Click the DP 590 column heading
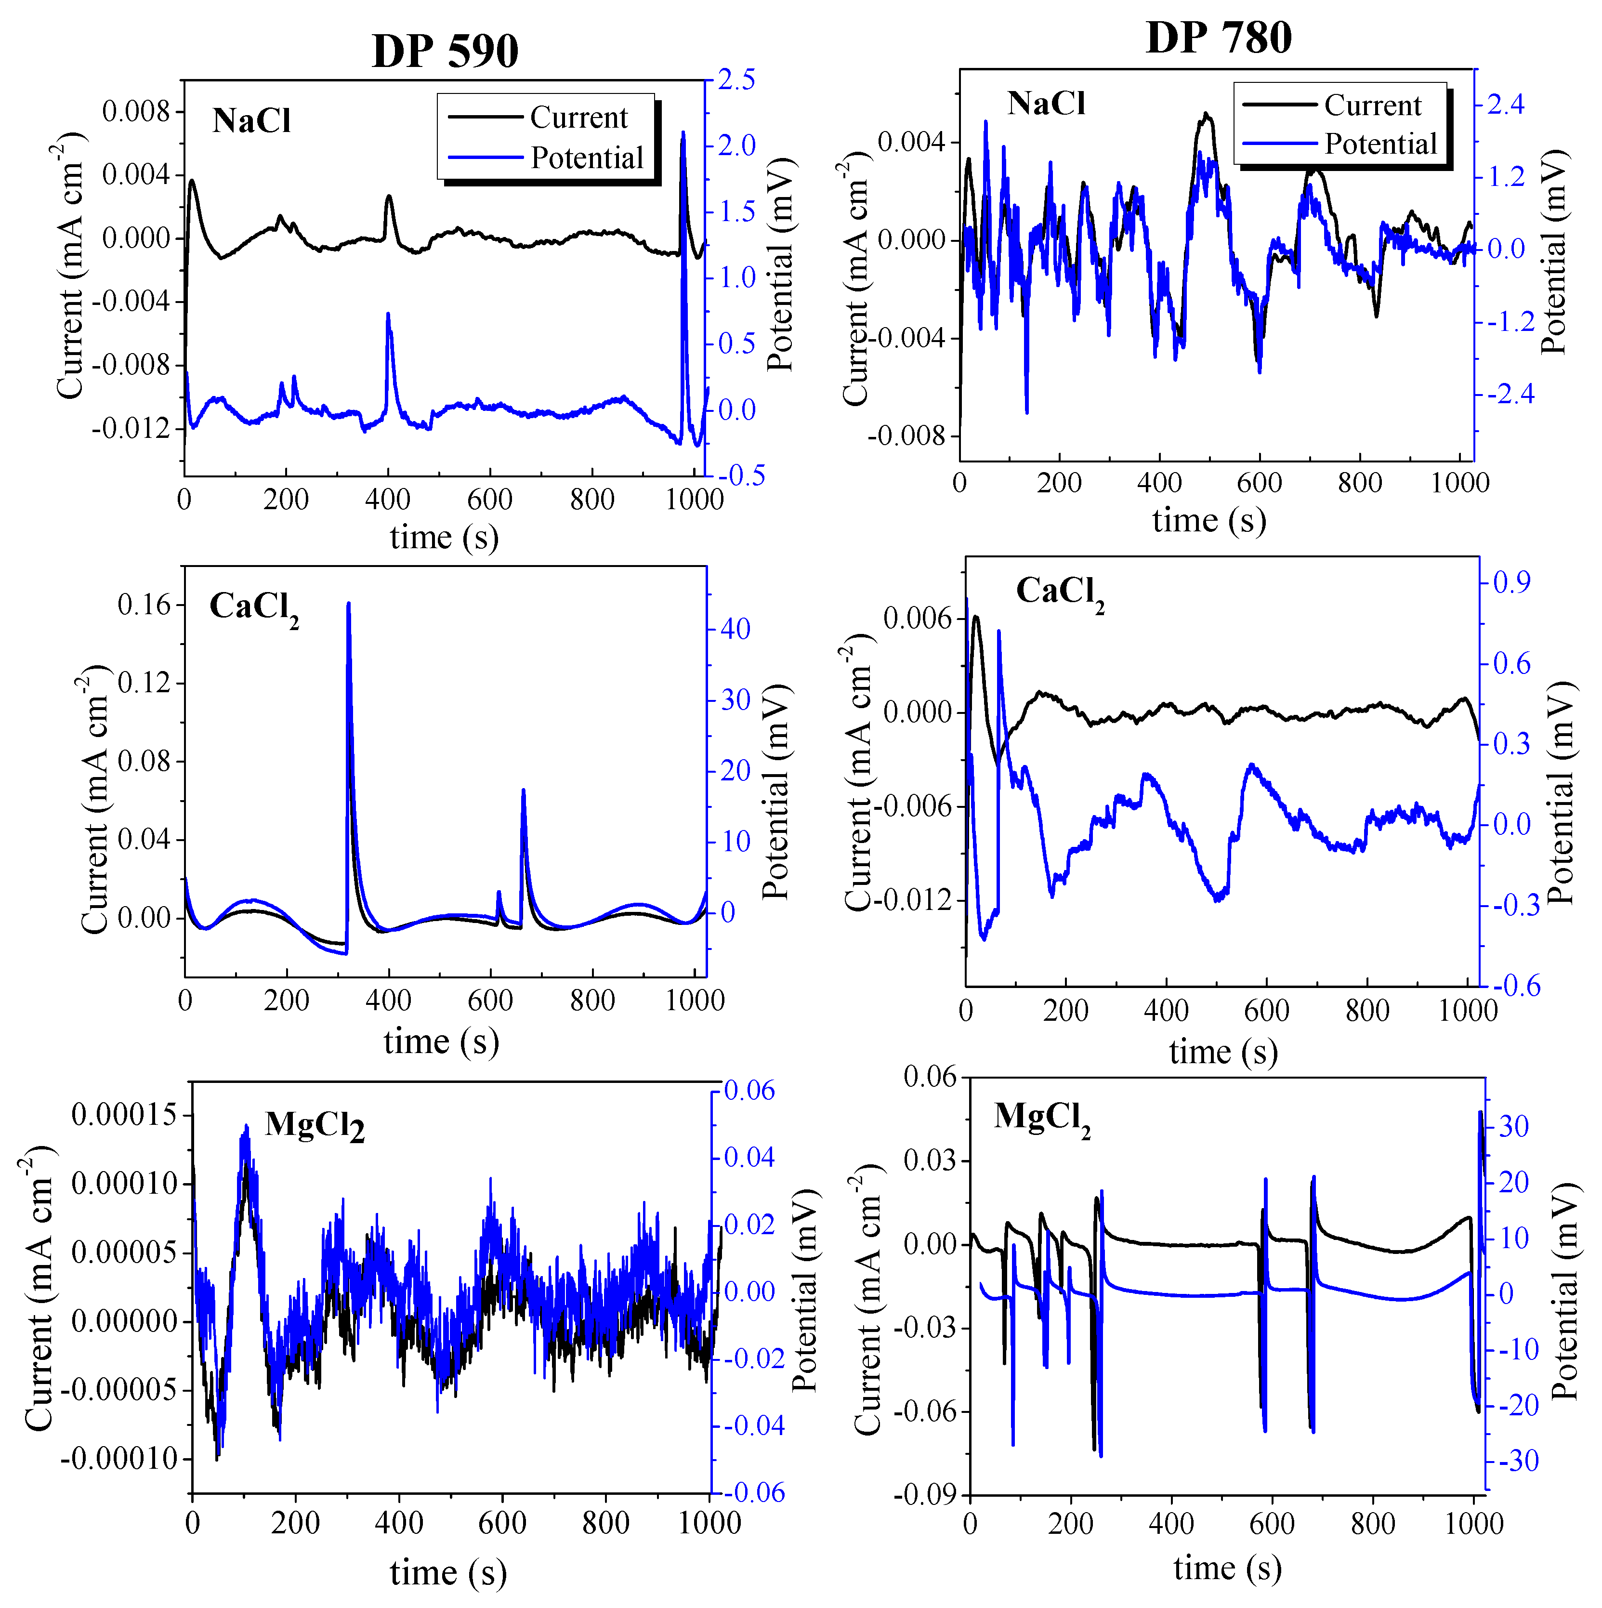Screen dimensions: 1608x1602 [x=445, y=52]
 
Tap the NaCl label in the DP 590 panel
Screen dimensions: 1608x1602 [x=251, y=121]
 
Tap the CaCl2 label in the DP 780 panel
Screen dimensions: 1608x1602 [x=1059, y=593]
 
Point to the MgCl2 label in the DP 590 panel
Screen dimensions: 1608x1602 [x=315, y=1126]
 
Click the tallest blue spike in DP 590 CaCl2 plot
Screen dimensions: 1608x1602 [x=349, y=605]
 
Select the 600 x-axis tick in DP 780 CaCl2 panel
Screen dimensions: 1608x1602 [x=1267, y=1011]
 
